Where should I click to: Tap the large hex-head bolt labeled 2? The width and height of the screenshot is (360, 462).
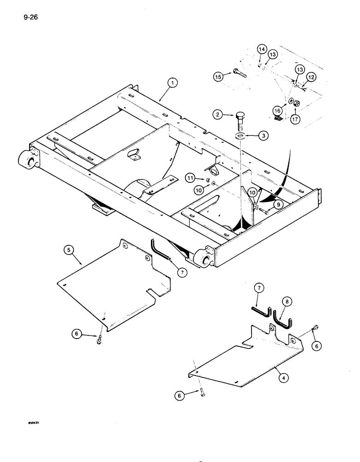tap(241, 124)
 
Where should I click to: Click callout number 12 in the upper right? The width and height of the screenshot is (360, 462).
tap(311, 78)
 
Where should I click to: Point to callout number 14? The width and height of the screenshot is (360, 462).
tap(261, 49)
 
